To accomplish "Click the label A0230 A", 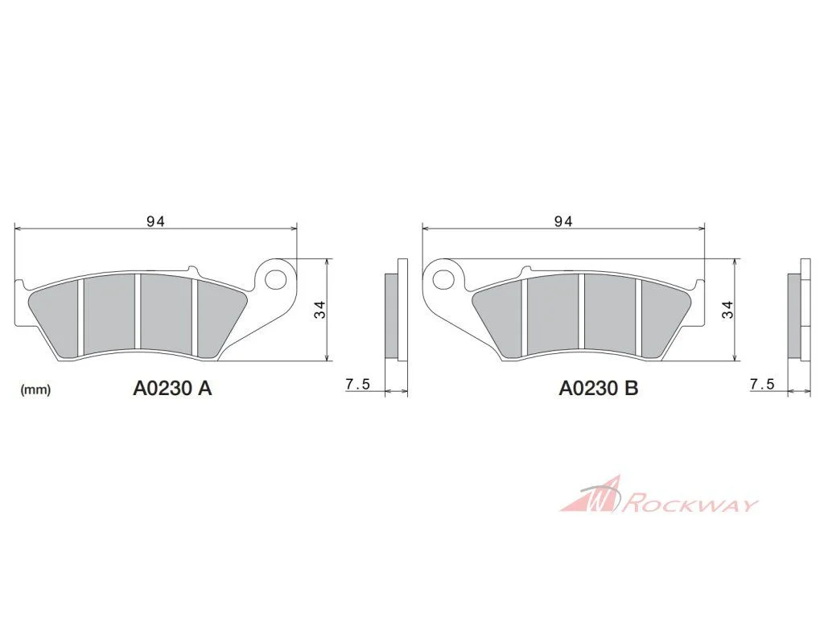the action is [x=172, y=388].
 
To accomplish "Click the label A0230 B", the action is [x=599, y=388].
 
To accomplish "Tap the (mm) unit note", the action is [x=35, y=390].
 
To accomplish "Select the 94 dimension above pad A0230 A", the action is [x=155, y=222].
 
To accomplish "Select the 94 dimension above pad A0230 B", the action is [x=562, y=222].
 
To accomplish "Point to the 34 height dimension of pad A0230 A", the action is [x=319, y=310].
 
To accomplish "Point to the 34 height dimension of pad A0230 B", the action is [x=727, y=310].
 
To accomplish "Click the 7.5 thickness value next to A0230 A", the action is [x=358, y=384].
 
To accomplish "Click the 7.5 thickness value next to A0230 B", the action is [x=762, y=384].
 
